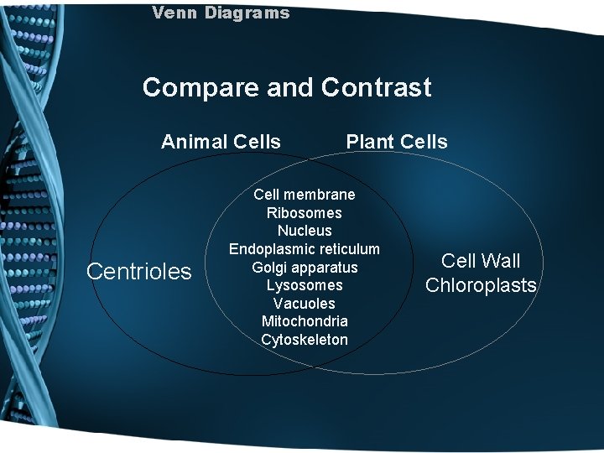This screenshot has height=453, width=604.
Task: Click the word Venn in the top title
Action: pyautogui.click(x=170, y=13)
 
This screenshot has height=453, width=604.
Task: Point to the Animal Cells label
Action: pyautogui.click(x=221, y=142)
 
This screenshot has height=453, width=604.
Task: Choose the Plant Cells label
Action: pyautogui.click(x=397, y=142)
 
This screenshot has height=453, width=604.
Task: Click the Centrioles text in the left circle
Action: pyautogui.click(x=139, y=272)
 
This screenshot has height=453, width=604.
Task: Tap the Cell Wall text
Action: pyautogui.click(x=481, y=261)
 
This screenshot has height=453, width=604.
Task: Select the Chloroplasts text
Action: pyautogui.click(x=481, y=285)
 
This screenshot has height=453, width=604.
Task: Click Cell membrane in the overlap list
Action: pyautogui.click(x=305, y=195)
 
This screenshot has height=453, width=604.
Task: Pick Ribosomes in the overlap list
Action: pyautogui.click(x=305, y=213)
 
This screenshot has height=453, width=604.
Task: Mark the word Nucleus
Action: pyautogui.click(x=305, y=231)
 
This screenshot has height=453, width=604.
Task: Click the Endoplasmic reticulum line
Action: pyautogui.click(x=305, y=249)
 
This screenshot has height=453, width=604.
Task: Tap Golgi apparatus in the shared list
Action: pyautogui.click(x=305, y=268)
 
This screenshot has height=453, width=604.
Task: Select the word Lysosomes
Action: pyautogui.click(x=305, y=285)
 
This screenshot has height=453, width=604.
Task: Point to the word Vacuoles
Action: pyautogui.click(x=305, y=304)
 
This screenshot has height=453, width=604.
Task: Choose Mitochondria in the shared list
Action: pyautogui.click(x=305, y=321)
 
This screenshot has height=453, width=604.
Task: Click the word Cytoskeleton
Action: pyautogui.click(x=305, y=340)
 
